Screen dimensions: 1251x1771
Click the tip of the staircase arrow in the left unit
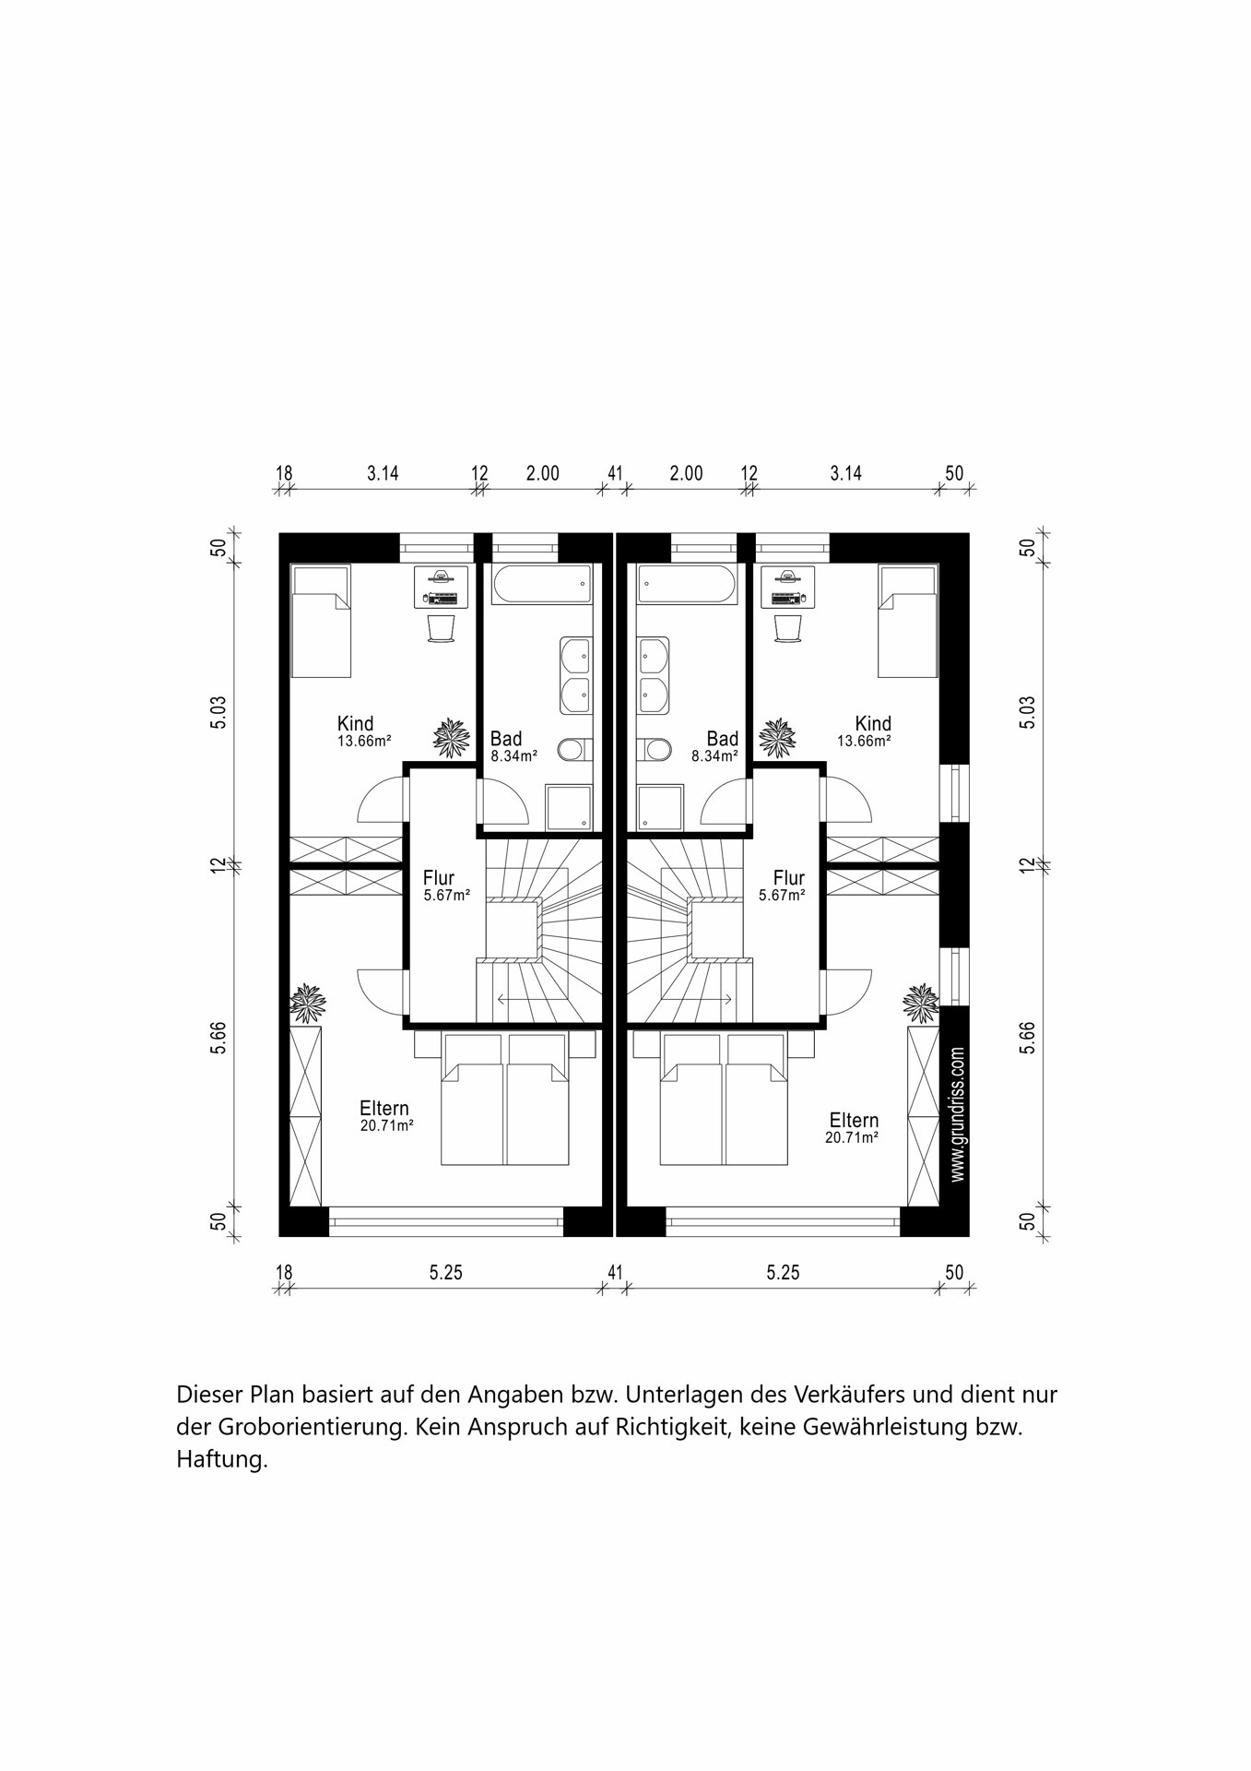497,999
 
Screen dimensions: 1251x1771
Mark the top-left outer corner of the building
279,533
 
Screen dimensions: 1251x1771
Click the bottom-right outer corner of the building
969,1236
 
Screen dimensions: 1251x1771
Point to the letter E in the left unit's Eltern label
365,1109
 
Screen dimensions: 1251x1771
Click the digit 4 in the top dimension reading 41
610,473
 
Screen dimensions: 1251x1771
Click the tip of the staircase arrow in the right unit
733,999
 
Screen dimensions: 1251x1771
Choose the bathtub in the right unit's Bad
688,584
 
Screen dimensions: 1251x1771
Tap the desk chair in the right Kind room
789,627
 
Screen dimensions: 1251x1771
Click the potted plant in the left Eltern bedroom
307,1003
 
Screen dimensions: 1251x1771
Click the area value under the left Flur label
447,895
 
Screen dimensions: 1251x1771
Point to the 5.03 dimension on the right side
1028,712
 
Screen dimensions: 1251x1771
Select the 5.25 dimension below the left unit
446,1273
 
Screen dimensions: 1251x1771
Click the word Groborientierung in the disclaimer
313,1427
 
